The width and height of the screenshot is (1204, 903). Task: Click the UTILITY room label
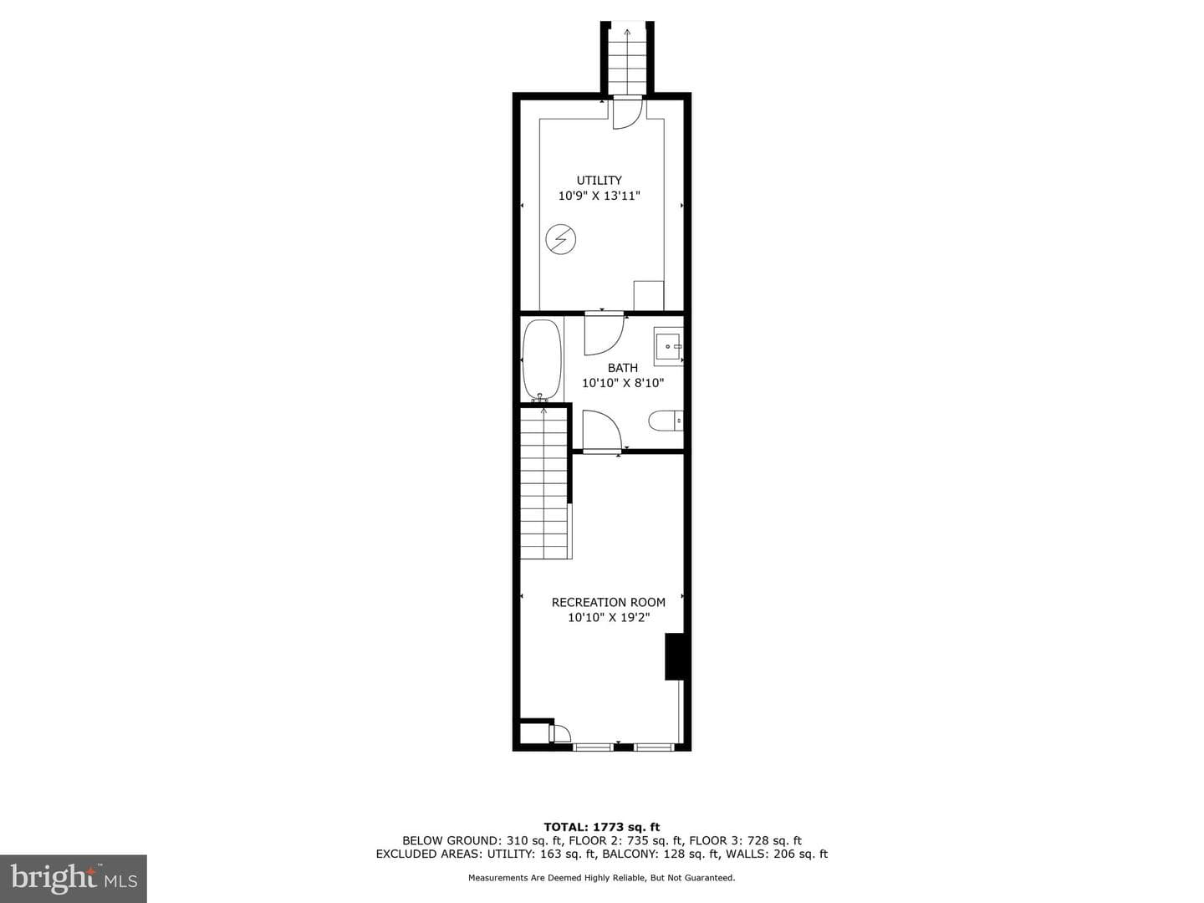[x=599, y=181]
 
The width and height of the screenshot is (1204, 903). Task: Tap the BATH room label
[x=623, y=368]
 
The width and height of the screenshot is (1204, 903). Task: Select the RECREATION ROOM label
[x=609, y=603]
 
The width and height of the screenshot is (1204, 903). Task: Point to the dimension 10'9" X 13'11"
[x=599, y=196]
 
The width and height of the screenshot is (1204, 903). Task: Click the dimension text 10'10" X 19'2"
[x=609, y=618]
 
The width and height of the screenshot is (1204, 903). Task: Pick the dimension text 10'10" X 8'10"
[x=623, y=383]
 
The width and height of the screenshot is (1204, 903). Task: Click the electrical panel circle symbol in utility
[x=560, y=240]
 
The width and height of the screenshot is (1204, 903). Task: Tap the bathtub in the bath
[x=543, y=360]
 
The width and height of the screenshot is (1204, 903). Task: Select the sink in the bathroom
[x=668, y=346]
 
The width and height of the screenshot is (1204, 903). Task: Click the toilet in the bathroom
[x=666, y=421]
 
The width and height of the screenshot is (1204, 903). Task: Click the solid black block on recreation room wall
[x=674, y=657]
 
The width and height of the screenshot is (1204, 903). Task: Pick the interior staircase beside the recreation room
[x=543, y=483]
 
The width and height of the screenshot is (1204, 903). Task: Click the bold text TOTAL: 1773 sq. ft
[x=602, y=827]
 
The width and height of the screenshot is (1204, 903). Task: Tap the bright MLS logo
[x=74, y=878]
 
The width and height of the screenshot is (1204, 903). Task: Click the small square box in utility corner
[x=648, y=295]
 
